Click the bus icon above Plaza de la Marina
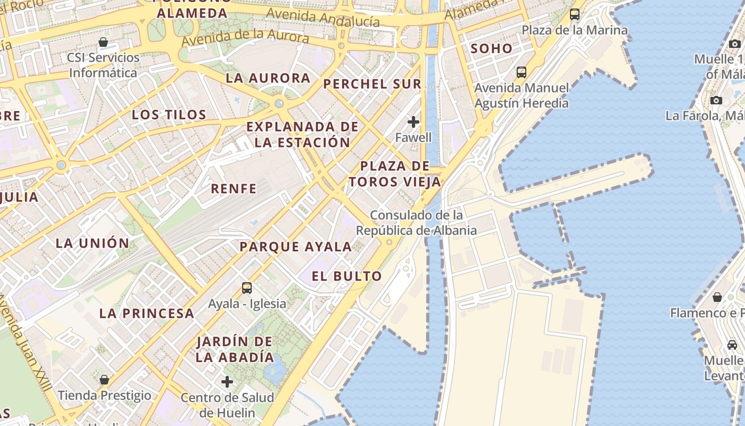pos(575,14)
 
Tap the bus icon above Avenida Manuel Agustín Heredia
pos(521,72)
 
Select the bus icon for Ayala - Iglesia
pos(247,288)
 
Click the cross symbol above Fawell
pos(413,122)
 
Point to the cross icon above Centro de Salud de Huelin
pos(227,381)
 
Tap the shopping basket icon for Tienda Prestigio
pos(104,380)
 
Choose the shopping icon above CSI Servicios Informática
pos(103,42)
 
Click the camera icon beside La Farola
pos(716,100)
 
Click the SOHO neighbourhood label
pos(491,48)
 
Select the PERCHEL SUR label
pos(372,84)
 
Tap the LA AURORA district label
pos(268,78)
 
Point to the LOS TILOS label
pos(169,114)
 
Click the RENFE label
pos(234,189)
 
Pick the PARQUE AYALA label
pos(295,247)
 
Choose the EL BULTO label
pos(347,276)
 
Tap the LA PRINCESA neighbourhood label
pos(147,313)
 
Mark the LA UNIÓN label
pos(93,243)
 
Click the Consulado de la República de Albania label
pos(416,223)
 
